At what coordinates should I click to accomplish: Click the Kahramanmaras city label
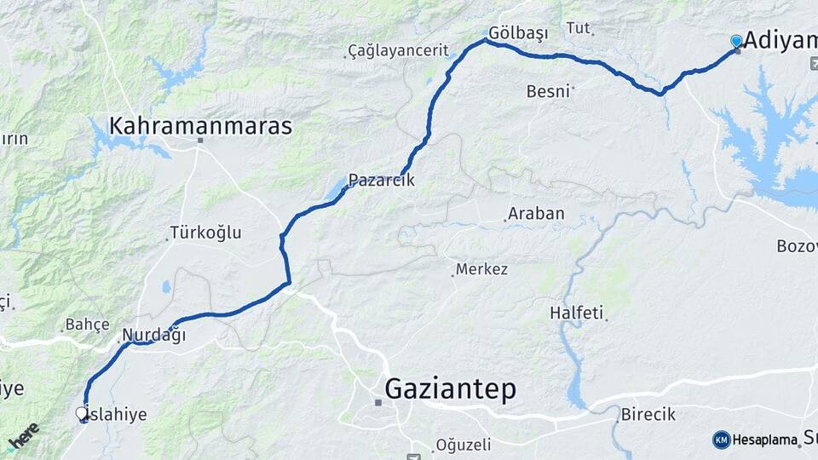200,127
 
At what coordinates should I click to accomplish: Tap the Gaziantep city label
450,389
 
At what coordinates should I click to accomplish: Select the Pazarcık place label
381,181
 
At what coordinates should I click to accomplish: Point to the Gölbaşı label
518,32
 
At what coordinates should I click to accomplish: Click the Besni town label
548,91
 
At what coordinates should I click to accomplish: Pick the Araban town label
536,214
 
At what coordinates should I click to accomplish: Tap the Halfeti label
576,313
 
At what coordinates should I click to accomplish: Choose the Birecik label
648,414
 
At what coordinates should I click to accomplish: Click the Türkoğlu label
205,232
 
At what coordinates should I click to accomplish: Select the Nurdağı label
153,335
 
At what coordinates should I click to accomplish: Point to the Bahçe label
88,325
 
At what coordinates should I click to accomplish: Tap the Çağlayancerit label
399,50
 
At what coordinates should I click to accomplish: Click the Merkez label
481,269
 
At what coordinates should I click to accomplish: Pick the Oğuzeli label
464,445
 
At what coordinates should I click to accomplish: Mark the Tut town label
578,28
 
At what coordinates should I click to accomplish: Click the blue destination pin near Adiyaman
736,41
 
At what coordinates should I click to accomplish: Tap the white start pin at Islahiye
82,413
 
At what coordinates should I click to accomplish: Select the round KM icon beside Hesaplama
721,440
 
